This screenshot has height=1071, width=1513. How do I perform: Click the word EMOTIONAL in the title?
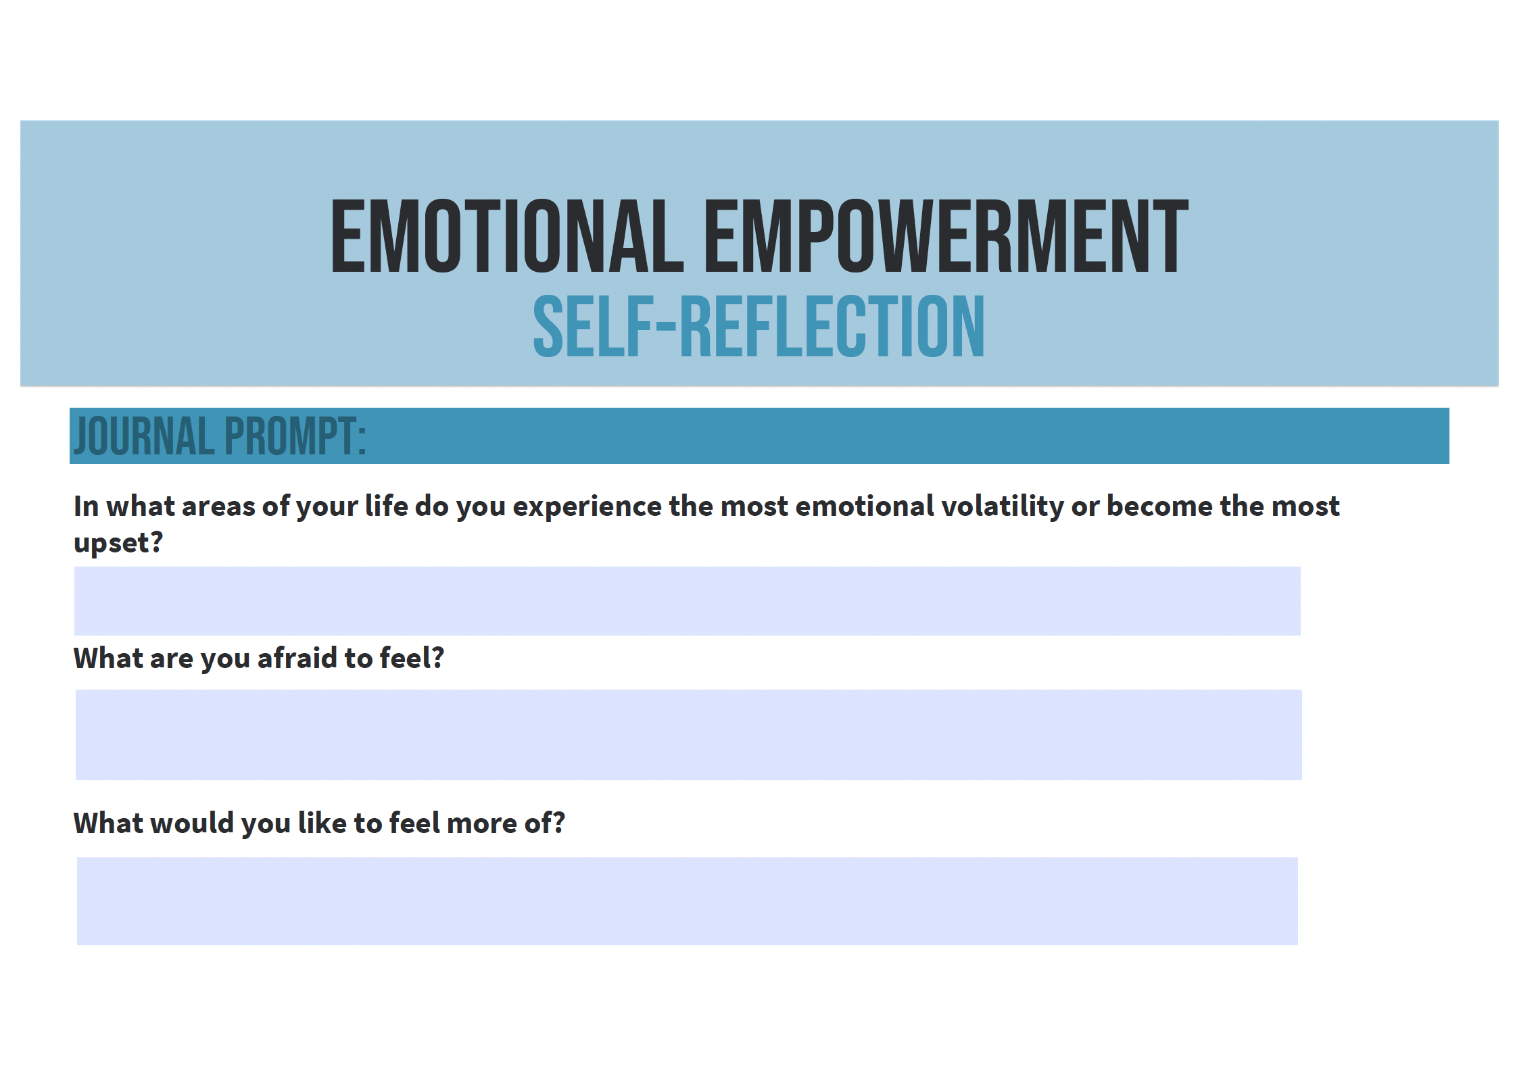click(507, 236)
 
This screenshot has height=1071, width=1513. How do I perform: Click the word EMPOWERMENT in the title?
click(946, 236)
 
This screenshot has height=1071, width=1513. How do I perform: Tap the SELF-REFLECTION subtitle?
click(759, 327)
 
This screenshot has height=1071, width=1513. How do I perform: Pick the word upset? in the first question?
click(118, 543)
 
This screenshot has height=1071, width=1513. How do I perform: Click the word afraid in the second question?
click(297, 658)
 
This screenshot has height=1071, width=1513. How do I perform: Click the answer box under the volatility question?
click(687, 601)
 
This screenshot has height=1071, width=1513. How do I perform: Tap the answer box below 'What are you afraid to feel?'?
click(688, 735)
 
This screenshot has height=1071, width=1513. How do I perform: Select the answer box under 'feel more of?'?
click(687, 901)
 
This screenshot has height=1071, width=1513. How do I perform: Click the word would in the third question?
click(191, 823)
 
